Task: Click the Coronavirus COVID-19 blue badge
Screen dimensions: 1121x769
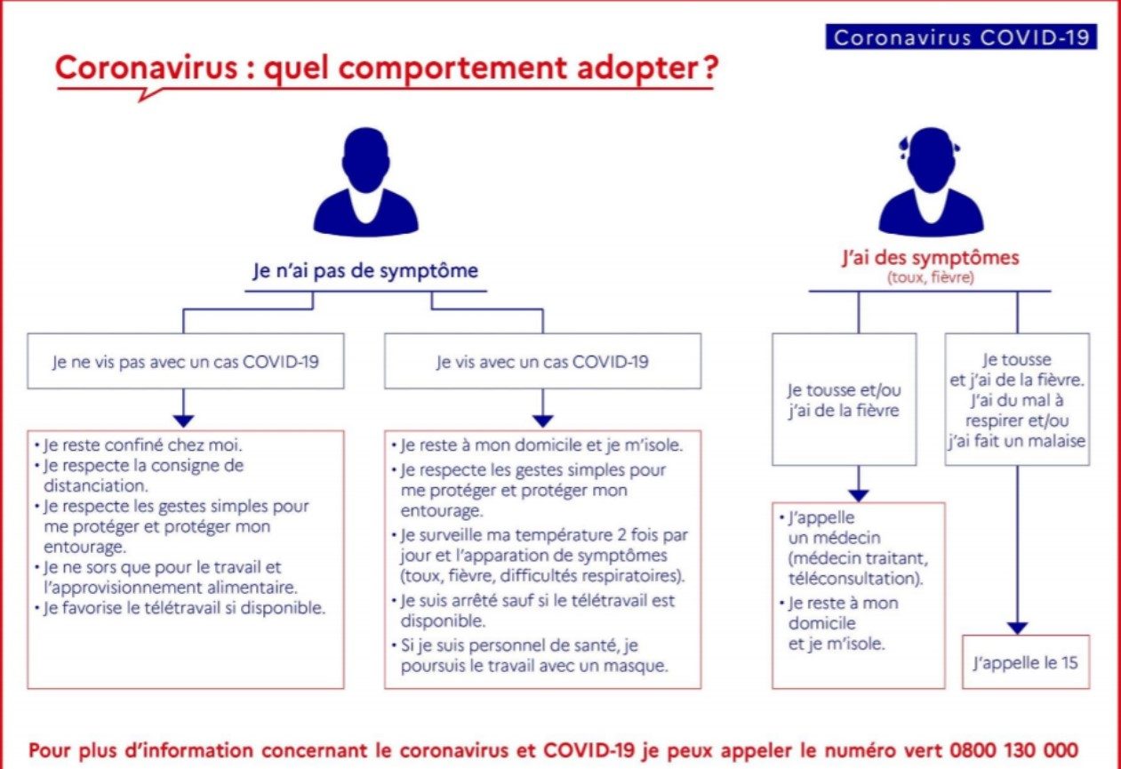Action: [x=961, y=37]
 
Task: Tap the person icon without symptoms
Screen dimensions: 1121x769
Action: [x=366, y=181]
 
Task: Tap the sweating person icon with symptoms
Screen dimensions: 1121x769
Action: [x=931, y=181]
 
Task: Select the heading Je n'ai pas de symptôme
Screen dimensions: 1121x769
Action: [x=365, y=270]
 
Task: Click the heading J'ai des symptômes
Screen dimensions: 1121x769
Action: [x=931, y=258]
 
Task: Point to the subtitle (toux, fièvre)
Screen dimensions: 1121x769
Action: [x=931, y=277]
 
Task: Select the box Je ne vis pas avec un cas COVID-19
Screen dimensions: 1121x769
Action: [x=186, y=361]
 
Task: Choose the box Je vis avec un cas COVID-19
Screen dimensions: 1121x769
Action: [x=542, y=361]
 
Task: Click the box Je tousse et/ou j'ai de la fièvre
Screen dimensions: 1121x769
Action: [x=845, y=400]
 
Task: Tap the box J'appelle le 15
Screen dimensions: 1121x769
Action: [x=1026, y=662]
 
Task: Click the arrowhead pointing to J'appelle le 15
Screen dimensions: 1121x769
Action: [x=1017, y=629]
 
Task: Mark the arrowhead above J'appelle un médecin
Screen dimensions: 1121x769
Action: [x=859, y=495]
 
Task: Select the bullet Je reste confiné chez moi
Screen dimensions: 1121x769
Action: [x=139, y=445]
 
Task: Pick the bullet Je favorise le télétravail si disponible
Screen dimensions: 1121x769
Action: [x=180, y=608]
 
